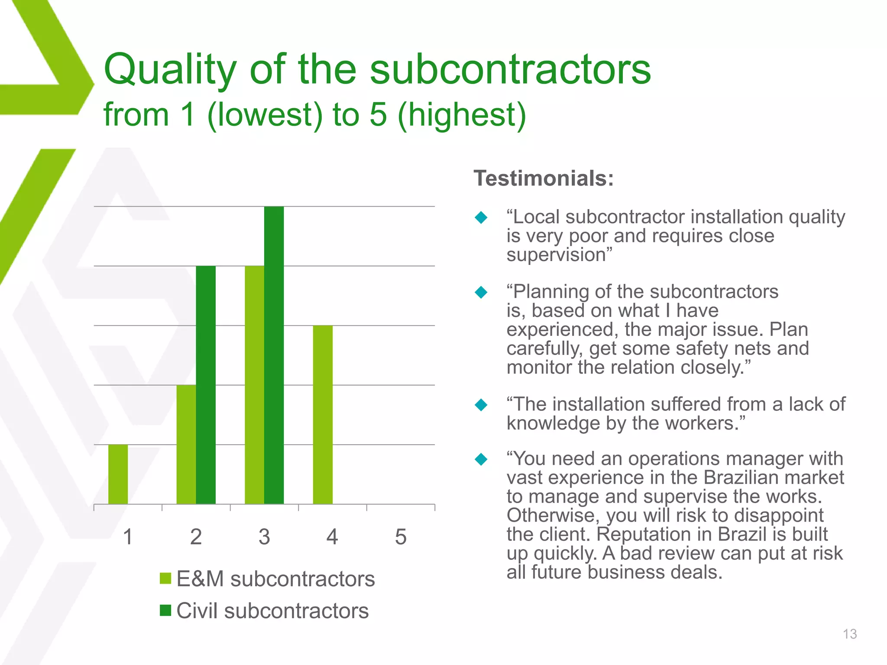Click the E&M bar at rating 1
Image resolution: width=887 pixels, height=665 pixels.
tap(118, 474)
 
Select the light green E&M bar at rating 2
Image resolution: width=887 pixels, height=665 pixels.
tap(186, 444)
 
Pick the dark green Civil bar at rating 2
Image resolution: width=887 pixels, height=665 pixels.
tap(206, 385)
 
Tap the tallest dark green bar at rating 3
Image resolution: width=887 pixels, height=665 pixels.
tap(274, 355)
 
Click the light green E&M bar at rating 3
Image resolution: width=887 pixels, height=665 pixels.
tap(254, 385)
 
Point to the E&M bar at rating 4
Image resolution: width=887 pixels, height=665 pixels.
tap(323, 414)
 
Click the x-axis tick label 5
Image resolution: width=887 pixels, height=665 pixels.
tap(401, 537)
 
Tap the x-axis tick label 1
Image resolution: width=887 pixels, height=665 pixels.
tap(128, 537)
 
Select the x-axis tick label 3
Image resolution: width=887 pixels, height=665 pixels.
tap(264, 537)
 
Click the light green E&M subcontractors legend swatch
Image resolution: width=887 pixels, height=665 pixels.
tap(165, 578)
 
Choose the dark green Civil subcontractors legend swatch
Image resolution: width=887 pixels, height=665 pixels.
tap(165, 610)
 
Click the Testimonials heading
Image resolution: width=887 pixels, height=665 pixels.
tap(544, 178)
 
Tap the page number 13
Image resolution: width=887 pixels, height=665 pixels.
tap(850, 634)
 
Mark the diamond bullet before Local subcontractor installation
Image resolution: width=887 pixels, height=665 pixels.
tap(481, 217)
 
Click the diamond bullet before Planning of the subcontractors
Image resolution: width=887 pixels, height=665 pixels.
tap(481, 292)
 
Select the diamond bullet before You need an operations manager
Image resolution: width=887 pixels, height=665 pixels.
tap(481, 459)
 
